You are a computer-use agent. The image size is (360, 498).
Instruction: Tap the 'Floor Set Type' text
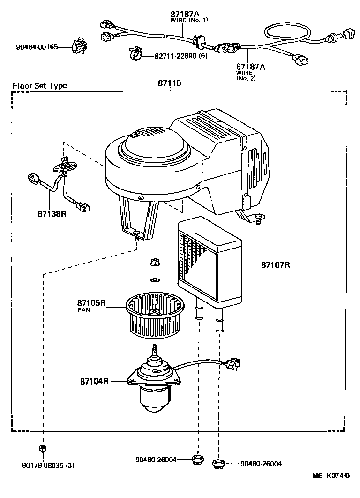click(x=39, y=85)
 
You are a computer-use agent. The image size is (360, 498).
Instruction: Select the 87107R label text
click(x=276, y=265)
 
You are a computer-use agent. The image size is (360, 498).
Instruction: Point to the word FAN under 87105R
click(x=84, y=310)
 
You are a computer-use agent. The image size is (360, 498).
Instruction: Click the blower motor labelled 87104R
click(x=154, y=385)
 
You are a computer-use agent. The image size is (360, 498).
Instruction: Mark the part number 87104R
click(x=94, y=381)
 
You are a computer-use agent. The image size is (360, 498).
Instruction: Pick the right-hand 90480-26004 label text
click(x=261, y=464)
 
